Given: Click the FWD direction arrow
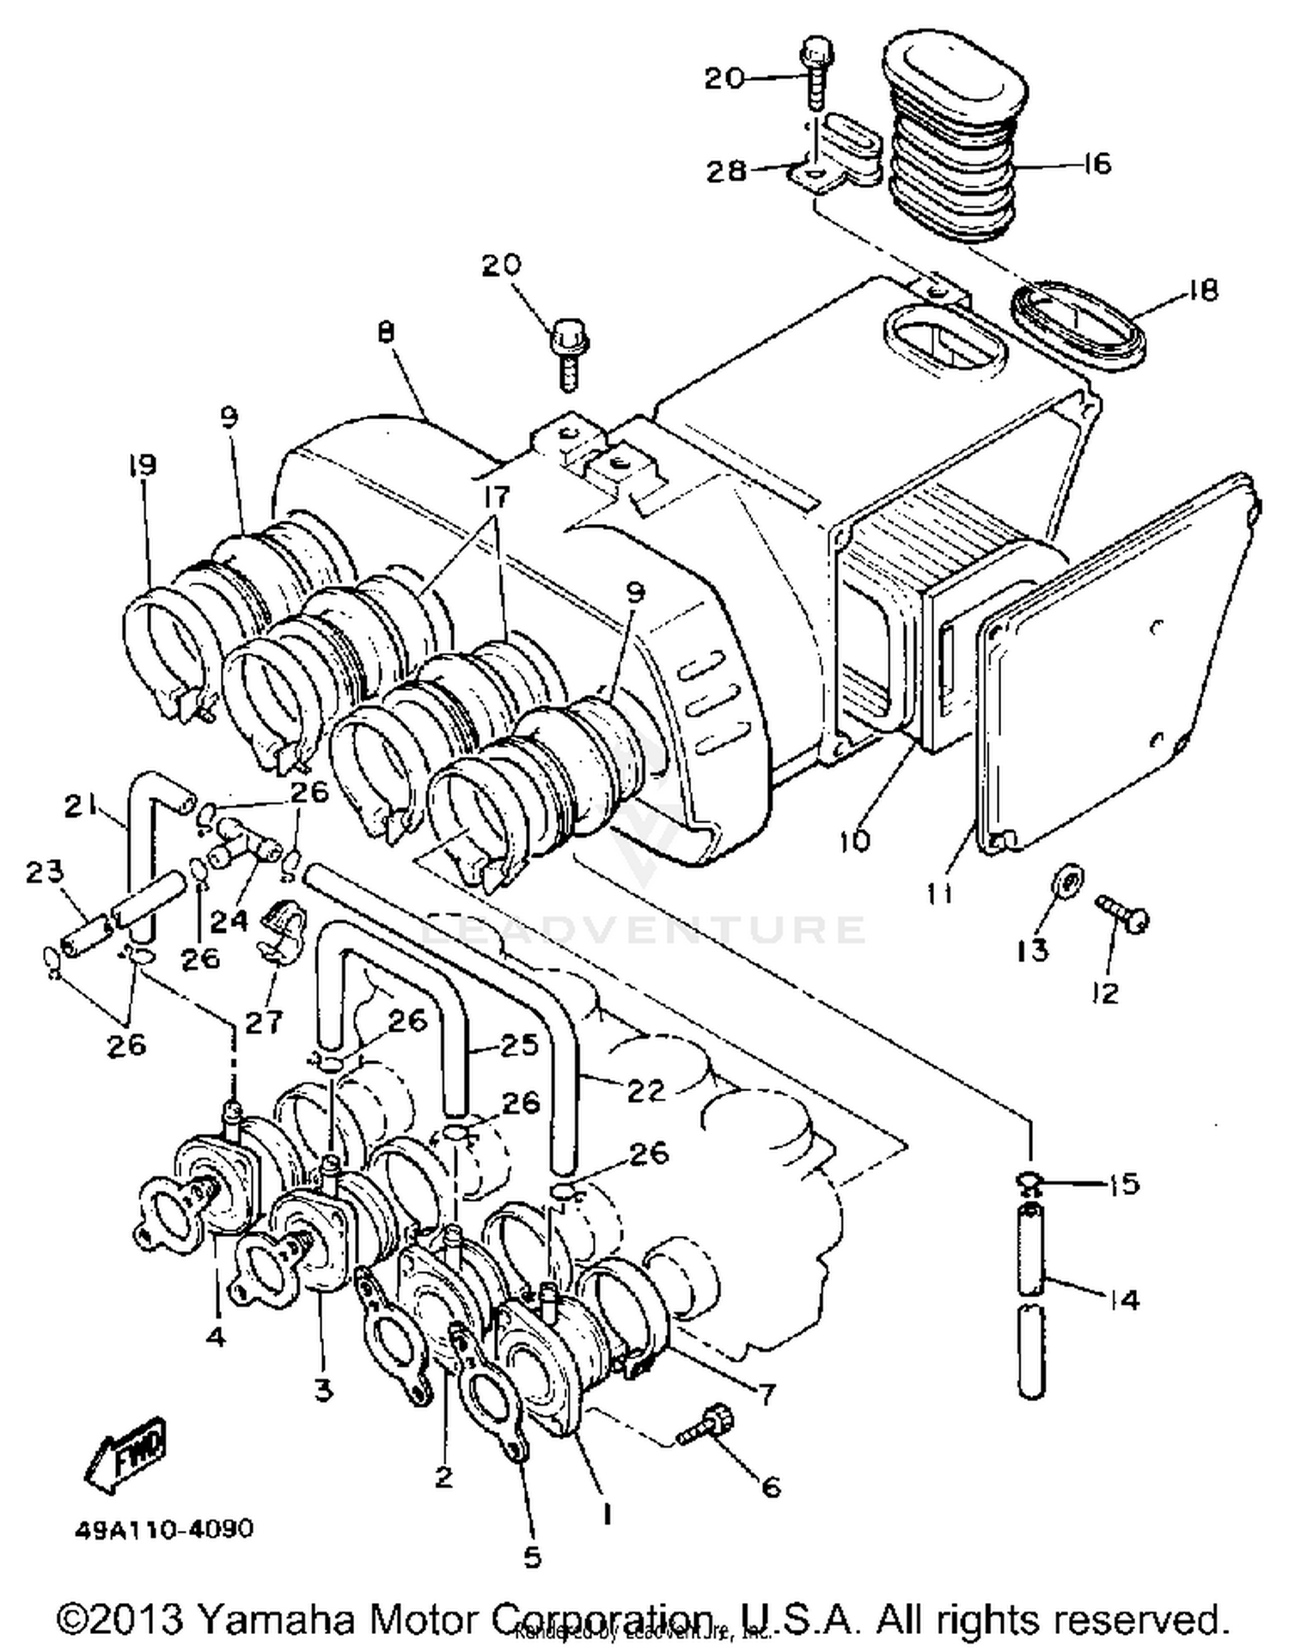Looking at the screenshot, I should [x=127, y=1453].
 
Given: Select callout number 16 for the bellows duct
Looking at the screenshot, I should [x=1096, y=163].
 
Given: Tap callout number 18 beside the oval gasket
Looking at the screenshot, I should [x=1202, y=290].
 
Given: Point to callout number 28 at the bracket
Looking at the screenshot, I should [x=726, y=170].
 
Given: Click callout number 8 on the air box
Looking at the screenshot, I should [x=386, y=332].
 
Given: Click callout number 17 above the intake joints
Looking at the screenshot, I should [x=497, y=497].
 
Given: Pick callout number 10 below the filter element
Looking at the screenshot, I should [x=854, y=840].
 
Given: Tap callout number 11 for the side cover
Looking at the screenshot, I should [x=938, y=893].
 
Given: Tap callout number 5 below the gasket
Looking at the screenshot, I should [x=533, y=1557].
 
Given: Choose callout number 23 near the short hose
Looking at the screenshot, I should [x=45, y=871].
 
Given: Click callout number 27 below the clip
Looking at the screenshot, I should [x=264, y=1021].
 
